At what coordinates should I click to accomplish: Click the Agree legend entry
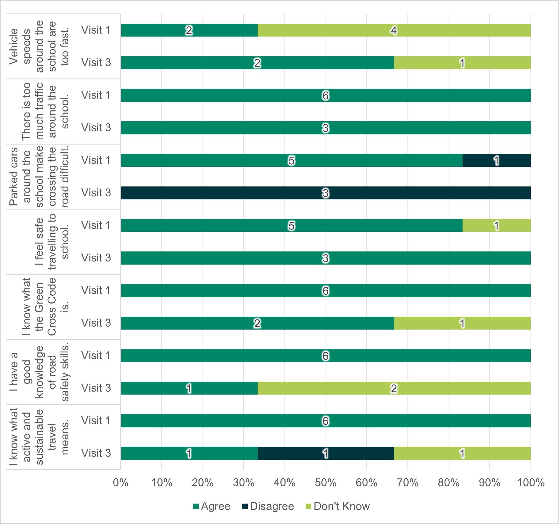[212, 506]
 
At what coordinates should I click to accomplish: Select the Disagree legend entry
[268, 506]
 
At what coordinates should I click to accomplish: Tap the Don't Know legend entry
[338, 506]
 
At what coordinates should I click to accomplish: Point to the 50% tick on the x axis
[326, 483]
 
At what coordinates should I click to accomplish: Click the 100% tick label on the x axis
[531, 483]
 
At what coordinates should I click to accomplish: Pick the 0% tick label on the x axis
[121, 483]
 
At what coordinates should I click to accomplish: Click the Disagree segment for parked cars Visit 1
[497, 160]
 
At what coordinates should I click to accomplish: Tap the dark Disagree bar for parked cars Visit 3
[326, 193]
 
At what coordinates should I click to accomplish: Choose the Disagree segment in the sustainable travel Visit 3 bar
[326, 453]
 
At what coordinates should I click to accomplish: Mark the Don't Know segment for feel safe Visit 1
[497, 225]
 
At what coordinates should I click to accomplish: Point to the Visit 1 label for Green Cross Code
[96, 290]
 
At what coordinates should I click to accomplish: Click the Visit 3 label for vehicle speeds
[96, 62]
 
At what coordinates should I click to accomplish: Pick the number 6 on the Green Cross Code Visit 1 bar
[325, 291]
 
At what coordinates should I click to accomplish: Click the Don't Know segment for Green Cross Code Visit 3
[462, 323]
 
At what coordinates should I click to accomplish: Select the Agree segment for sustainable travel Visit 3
[189, 453]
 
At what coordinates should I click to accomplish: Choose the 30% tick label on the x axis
[244, 483]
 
